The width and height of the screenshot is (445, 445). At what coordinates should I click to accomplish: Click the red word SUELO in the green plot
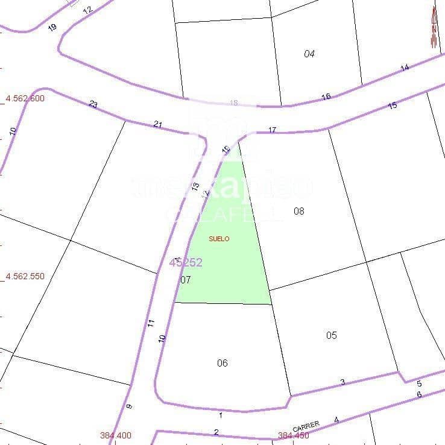tap(219, 239)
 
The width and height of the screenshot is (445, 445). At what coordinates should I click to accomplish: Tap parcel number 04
tap(309, 54)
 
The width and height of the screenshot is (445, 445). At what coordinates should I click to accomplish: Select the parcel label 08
tap(298, 211)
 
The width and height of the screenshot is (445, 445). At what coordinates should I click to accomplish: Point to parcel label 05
tap(331, 335)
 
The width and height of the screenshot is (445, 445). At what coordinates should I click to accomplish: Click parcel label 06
tap(222, 362)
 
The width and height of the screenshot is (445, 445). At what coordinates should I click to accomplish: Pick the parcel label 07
tap(185, 280)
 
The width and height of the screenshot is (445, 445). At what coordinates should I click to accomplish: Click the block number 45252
tap(186, 262)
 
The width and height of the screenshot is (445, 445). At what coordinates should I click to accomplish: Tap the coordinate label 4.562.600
tap(25, 98)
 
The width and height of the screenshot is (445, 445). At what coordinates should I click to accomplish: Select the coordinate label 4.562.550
tap(25, 276)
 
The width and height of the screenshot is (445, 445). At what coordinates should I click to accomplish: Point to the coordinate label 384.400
tap(115, 435)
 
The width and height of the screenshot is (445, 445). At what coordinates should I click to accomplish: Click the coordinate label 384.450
tap(293, 435)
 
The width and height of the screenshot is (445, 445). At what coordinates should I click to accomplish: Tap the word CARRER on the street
tap(306, 426)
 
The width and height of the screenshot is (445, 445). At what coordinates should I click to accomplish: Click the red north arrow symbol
tap(434, 27)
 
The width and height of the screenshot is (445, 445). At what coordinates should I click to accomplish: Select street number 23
tap(93, 104)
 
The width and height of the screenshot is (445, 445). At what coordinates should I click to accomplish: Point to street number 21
tap(158, 124)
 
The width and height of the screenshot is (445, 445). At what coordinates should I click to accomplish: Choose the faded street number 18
tap(234, 103)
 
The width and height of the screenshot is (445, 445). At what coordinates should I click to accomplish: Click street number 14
tap(405, 68)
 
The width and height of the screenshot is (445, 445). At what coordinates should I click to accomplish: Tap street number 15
tap(393, 106)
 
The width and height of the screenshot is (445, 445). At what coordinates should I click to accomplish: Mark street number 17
tap(272, 130)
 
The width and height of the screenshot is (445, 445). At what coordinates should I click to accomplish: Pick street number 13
tap(195, 186)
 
